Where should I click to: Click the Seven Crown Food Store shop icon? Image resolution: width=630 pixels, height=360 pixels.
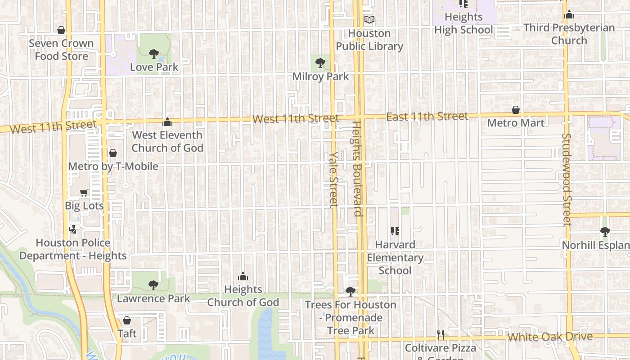click(x=61, y=30)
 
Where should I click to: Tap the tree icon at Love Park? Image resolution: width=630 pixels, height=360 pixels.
click(x=154, y=54)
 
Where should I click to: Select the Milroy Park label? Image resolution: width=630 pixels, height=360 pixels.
click(x=320, y=76)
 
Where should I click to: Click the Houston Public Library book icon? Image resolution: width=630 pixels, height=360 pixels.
click(x=369, y=20)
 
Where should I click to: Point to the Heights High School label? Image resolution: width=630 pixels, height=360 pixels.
click(x=463, y=23)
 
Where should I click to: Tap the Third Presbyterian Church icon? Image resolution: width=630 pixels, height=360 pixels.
click(x=569, y=15)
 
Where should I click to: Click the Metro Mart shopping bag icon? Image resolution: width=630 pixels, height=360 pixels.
click(x=516, y=110)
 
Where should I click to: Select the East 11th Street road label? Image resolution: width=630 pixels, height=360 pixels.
click(x=427, y=117)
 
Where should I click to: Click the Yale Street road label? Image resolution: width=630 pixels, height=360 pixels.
click(x=333, y=179)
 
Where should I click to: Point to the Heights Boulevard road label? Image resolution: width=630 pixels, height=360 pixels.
click(x=357, y=169)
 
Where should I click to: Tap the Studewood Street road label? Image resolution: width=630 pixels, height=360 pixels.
click(x=567, y=179)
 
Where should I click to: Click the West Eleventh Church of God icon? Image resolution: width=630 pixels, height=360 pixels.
click(x=167, y=122)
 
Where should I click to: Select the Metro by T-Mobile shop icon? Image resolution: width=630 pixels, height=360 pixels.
click(x=113, y=153)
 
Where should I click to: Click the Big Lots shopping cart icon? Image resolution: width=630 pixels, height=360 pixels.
click(x=84, y=193)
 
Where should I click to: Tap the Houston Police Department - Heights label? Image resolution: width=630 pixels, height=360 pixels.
click(x=73, y=249)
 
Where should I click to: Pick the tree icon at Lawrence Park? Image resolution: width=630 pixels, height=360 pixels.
click(x=153, y=285)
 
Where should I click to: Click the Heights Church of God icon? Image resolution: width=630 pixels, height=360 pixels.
click(x=243, y=276)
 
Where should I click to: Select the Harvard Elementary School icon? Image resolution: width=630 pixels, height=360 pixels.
click(x=395, y=231)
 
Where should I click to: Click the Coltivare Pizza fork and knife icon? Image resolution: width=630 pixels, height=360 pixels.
click(x=441, y=334)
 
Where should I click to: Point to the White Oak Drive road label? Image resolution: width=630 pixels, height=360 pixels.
click(x=550, y=337)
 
